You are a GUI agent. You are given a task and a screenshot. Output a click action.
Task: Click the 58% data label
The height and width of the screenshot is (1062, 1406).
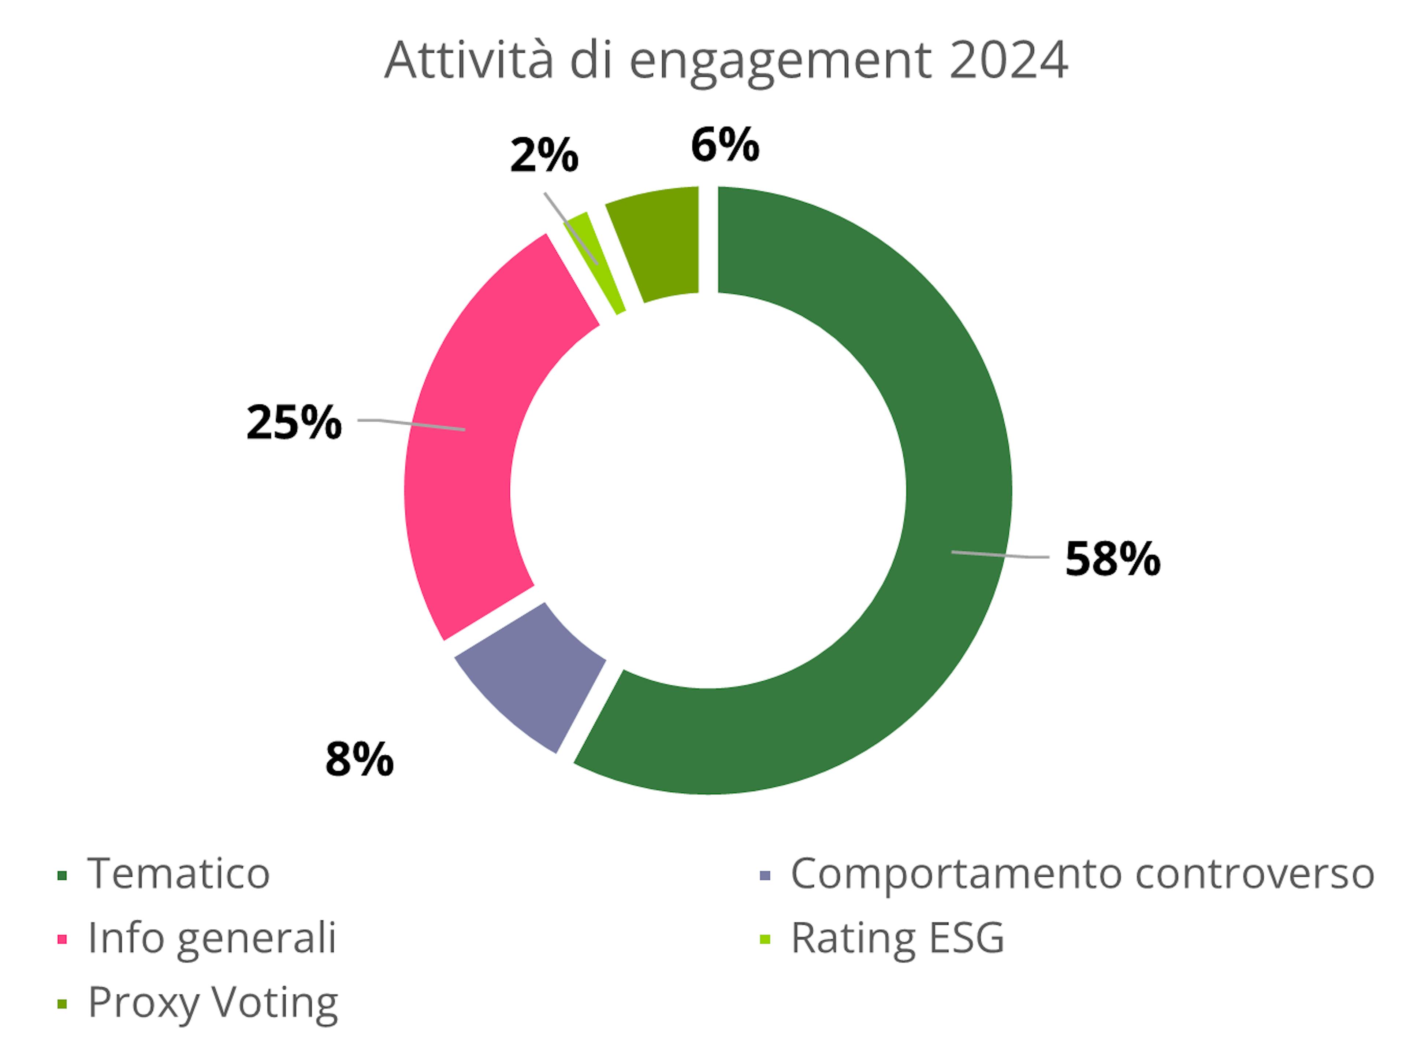(1112, 560)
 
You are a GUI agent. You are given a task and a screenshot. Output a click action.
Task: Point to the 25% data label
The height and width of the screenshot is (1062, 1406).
(294, 423)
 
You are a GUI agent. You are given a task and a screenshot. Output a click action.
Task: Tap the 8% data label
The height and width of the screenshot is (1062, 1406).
(359, 759)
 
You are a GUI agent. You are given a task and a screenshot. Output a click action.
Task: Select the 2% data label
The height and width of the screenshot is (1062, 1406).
(544, 156)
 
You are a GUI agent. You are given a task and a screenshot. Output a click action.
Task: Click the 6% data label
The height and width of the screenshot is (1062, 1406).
(725, 145)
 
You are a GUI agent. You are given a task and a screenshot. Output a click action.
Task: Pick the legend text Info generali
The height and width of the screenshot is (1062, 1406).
(212, 938)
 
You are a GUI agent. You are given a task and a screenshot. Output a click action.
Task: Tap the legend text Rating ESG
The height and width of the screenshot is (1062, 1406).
(897, 938)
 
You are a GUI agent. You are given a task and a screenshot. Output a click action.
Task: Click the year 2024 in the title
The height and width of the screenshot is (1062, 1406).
(1008, 60)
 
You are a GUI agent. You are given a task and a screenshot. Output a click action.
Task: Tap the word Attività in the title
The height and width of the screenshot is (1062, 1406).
(469, 60)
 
